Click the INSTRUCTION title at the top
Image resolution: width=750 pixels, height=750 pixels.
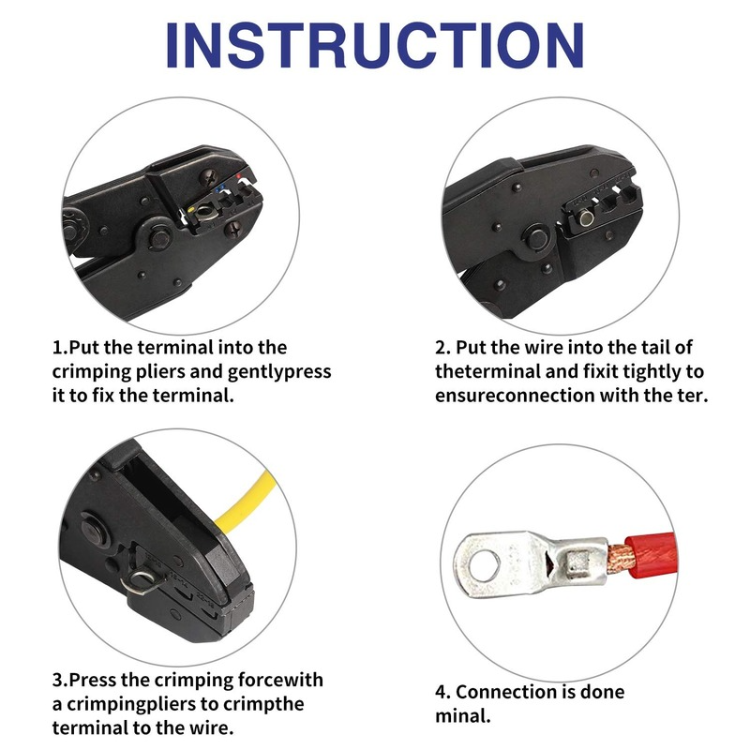374,45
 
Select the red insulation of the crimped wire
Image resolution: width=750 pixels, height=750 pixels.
652,556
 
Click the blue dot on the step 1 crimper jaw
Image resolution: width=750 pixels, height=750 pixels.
218,189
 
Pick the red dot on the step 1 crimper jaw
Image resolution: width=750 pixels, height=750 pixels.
239,177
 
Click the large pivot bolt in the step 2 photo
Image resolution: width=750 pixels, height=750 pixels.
537,238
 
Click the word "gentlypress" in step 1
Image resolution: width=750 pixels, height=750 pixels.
279,371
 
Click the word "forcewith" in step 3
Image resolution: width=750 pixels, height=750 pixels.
280,680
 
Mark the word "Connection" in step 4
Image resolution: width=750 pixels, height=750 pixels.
503,692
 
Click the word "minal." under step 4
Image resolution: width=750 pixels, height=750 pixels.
463,716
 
